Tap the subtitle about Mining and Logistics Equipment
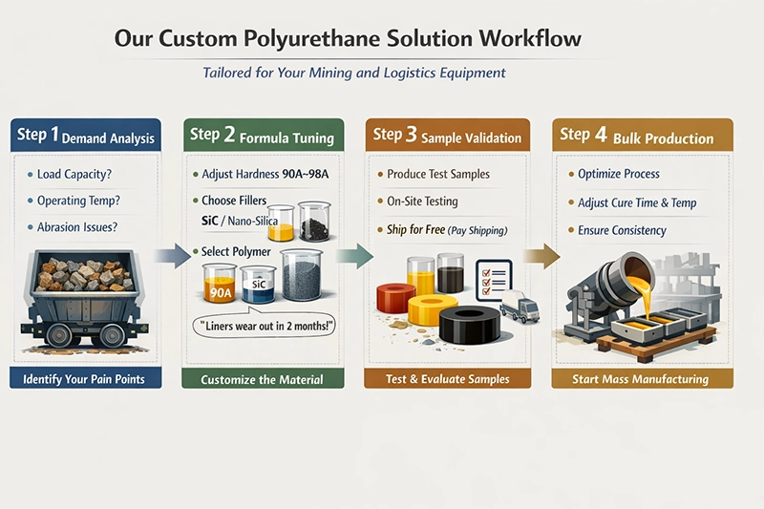[x=354, y=73]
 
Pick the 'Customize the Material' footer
[x=262, y=379]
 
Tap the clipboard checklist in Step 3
[x=494, y=270]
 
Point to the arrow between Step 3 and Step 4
[x=541, y=254]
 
